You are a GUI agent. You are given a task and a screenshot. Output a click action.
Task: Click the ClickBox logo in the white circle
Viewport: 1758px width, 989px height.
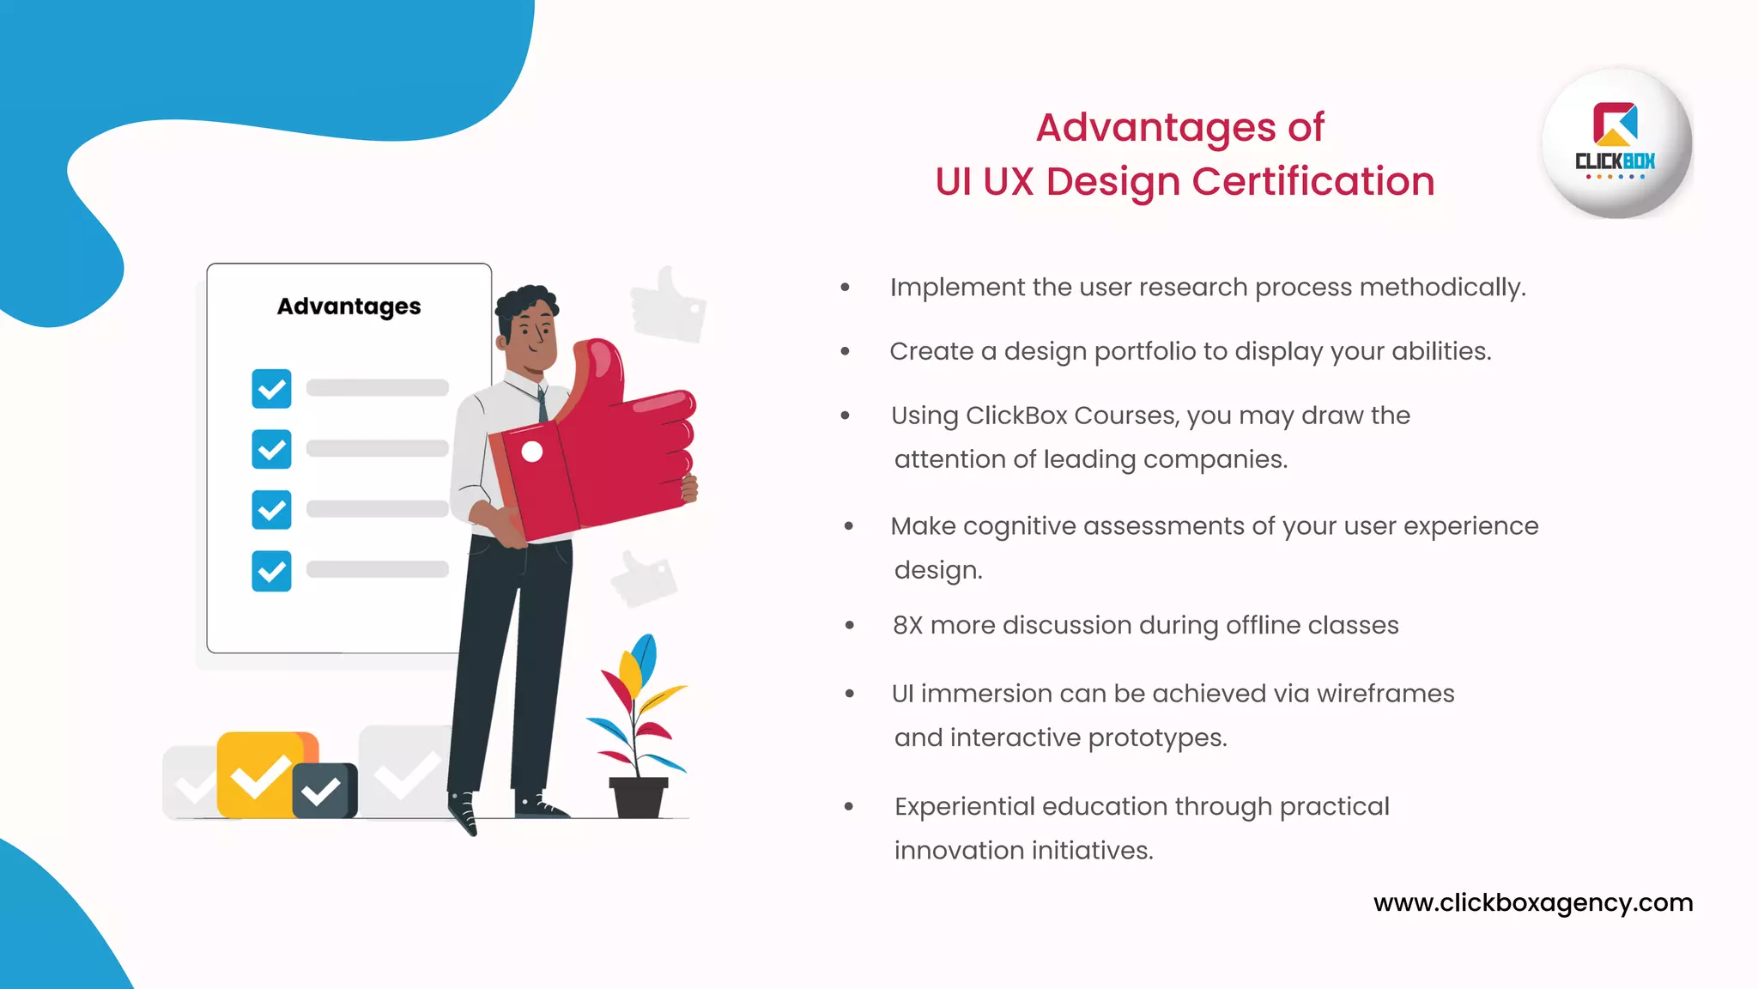coord(1616,142)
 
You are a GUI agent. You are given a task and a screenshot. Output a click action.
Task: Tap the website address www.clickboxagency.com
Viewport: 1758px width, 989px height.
coord(1533,902)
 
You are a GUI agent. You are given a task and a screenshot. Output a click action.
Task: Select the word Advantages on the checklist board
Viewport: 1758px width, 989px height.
coord(349,306)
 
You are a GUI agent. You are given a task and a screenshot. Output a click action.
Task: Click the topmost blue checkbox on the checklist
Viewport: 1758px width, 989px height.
coord(271,389)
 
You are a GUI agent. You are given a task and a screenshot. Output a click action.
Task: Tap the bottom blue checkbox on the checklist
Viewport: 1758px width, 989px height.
coord(271,571)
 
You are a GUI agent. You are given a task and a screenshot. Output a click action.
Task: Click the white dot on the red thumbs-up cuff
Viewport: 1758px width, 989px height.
coord(532,452)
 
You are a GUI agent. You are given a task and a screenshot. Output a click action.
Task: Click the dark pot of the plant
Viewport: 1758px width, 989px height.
coord(638,797)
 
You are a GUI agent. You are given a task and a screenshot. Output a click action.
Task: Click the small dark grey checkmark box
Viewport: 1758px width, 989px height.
coord(324,791)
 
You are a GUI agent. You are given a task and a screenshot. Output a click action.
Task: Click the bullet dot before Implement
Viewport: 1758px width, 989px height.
coord(846,288)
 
